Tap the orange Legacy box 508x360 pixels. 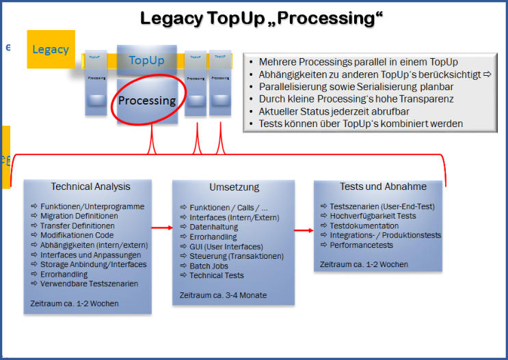pos(51,49)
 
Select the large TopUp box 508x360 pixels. pos(147,60)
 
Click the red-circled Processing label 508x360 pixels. pos(147,100)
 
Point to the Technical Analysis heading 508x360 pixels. pos(90,186)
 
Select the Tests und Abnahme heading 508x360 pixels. pos(383,186)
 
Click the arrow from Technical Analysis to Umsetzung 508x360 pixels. pos(161,227)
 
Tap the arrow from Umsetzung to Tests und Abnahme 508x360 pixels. pos(304,230)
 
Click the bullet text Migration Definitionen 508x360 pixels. pos(79,216)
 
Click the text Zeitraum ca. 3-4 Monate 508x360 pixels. pos(222,295)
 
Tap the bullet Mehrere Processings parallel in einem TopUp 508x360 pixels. pos(358,62)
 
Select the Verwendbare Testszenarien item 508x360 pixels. pos(89,283)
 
